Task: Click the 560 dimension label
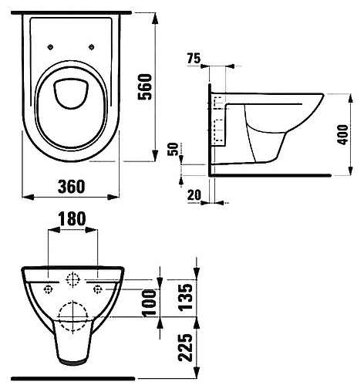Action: pyautogui.click(x=145, y=86)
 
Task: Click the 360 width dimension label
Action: pyautogui.click(x=72, y=187)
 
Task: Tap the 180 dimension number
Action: pyautogui.click(x=72, y=218)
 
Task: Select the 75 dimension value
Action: pyautogui.click(x=194, y=58)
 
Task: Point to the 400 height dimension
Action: pyautogui.click(x=343, y=134)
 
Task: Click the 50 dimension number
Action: pyautogui.click(x=173, y=149)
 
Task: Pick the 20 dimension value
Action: pyautogui.click(x=194, y=195)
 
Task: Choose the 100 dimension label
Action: pyautogui.click(x=150, y=303)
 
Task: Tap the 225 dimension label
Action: pyautogui.click(x=186, y=348)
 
